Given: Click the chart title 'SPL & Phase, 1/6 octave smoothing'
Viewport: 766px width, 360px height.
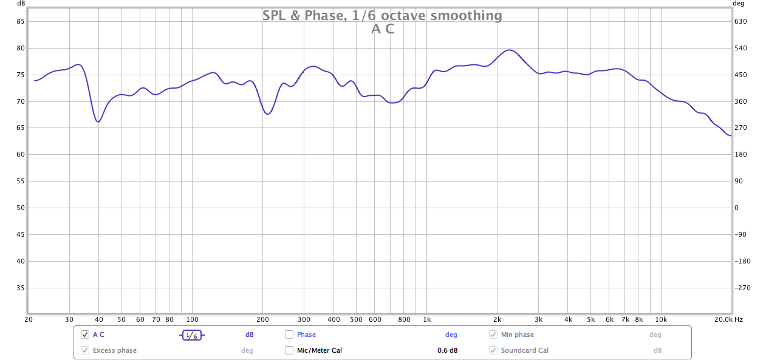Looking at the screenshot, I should (x=382, y=16).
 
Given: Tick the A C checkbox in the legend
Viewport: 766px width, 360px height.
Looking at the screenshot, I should (x=85, y=335).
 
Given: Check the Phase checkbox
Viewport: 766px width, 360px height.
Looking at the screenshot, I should (x=289, y=335).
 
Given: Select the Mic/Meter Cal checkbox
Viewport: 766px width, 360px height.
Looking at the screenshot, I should (x=289, y=350).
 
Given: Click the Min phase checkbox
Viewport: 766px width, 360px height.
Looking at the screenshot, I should (x=493, y=335).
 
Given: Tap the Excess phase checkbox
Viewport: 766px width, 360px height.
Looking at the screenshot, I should (x=85, y=350).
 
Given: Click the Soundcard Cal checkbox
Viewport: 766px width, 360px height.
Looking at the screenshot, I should (x=493, y=350).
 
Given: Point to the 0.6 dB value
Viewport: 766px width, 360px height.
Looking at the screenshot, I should (x=448, y=350).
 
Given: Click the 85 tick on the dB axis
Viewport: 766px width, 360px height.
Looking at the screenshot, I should (x=20, y=21).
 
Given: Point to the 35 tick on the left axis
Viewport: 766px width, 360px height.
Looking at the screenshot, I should (x=20, y=288).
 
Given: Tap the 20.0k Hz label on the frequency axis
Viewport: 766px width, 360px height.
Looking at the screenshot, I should (x=728, y=319).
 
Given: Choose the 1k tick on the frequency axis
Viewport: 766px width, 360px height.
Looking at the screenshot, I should (x=426, y=319).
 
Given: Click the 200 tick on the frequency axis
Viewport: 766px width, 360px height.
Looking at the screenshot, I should (x=263, y=319).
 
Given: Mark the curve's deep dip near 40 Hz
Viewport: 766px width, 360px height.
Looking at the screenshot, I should (x=98, y=121).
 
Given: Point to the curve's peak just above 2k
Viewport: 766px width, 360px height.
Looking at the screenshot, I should (x=510, y=50).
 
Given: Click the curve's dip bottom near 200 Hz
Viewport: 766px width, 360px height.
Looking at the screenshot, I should (x=267, y=114).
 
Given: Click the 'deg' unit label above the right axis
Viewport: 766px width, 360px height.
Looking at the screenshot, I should (x=739, y=3).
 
